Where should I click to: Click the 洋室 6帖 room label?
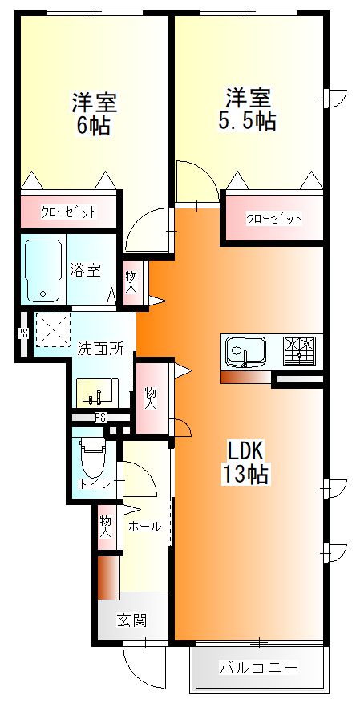pyautogui.click(x=95, y=114)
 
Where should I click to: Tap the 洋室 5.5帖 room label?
pyautogui.click(x=247, y=110)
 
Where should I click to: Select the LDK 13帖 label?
pyautogui.click(x=245, y=462)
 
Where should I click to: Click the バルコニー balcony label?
pyautogui.click(x=258, y=667)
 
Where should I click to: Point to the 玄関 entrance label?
pyautogui.click(x=132, y=620)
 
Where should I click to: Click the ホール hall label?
pyautogui.click(x=145, y=527)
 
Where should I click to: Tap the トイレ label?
pyautogui.click(x=95, y=484)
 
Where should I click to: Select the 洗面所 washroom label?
pyautogui.click(x=100, y=349)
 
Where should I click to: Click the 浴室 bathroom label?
pyautogui.click(x=86, y=270)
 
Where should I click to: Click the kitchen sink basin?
pyautogui.click(x=245, y=351)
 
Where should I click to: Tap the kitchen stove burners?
pyautogui.click(x=300, y=351)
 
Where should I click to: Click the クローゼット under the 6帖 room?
pyautogui.click(x=69, y=212)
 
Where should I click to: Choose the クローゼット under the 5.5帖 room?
pyautogui.click(x=274, y=218)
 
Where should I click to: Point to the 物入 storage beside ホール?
pyautogui.click(x=106, y=527)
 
